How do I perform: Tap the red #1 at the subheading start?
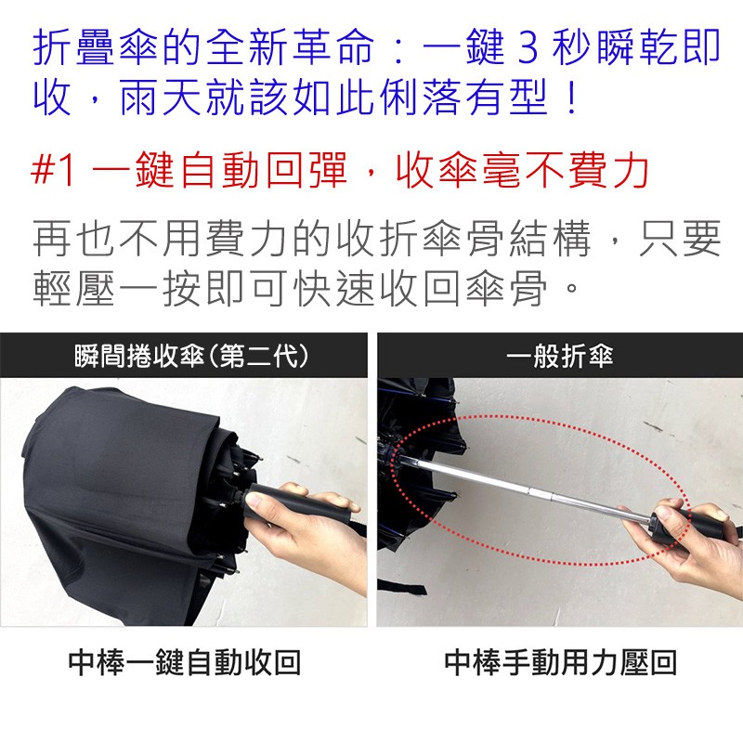pos(53,171)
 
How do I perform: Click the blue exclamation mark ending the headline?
pos(572,98)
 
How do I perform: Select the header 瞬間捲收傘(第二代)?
pos(191,356)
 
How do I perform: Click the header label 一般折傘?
pos(559,356)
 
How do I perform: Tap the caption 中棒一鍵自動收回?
pos(185,662)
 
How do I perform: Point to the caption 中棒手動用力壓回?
pos(560,662)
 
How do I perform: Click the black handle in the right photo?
pos(687,525)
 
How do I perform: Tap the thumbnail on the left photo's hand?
pos(254,500)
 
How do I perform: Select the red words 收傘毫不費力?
pos(522,171)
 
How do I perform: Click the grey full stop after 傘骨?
pos(572,287)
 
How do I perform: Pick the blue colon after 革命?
pos(399,47)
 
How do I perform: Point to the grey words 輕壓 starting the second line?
pos(74,288)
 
